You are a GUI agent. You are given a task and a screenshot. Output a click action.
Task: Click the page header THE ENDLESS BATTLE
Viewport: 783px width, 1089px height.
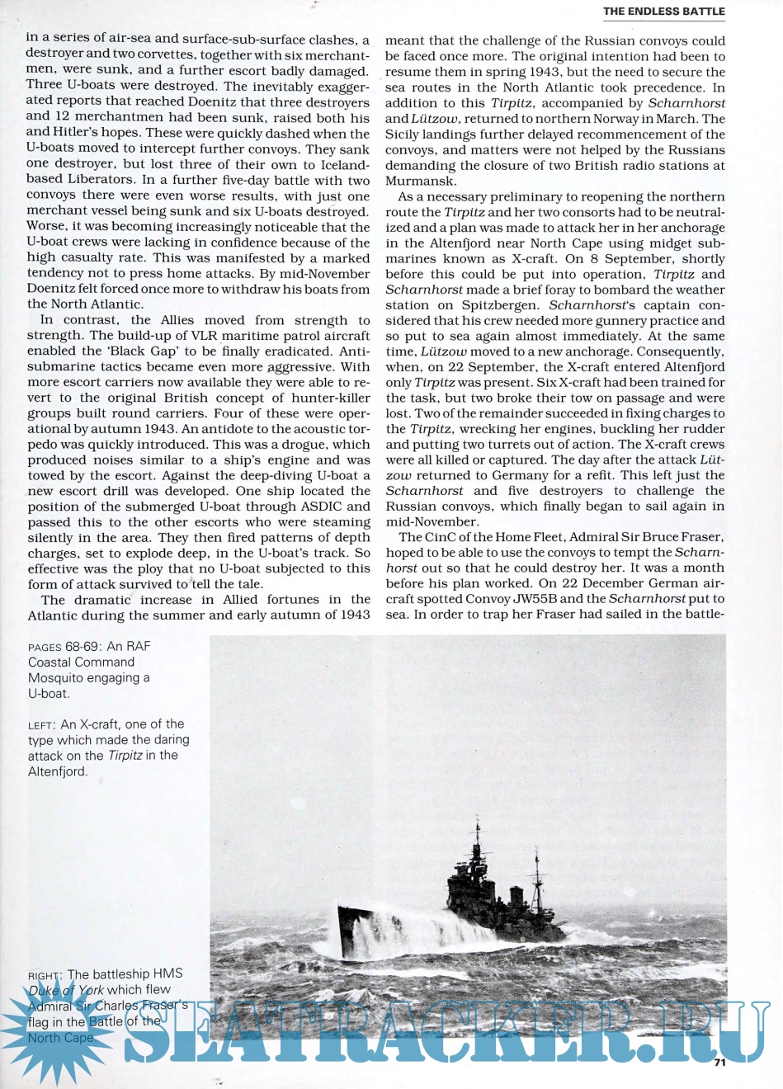pyautogui.click(x=663, y=12)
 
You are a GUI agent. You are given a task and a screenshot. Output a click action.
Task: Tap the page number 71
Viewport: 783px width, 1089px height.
pyautogui.click(x=719, y=1063)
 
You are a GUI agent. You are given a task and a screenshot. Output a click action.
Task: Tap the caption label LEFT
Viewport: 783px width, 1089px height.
pyautogui.click(x=41, y=725)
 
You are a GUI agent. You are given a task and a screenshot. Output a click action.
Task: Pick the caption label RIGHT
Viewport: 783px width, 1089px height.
pyautogui.click(x=45, y=975)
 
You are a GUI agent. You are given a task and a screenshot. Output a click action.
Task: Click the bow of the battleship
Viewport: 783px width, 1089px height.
pyautogui.click(x=342, y=912)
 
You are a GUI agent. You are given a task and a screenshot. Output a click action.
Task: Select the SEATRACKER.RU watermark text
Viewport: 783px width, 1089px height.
pyautogui.click(x=446, y=1031)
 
